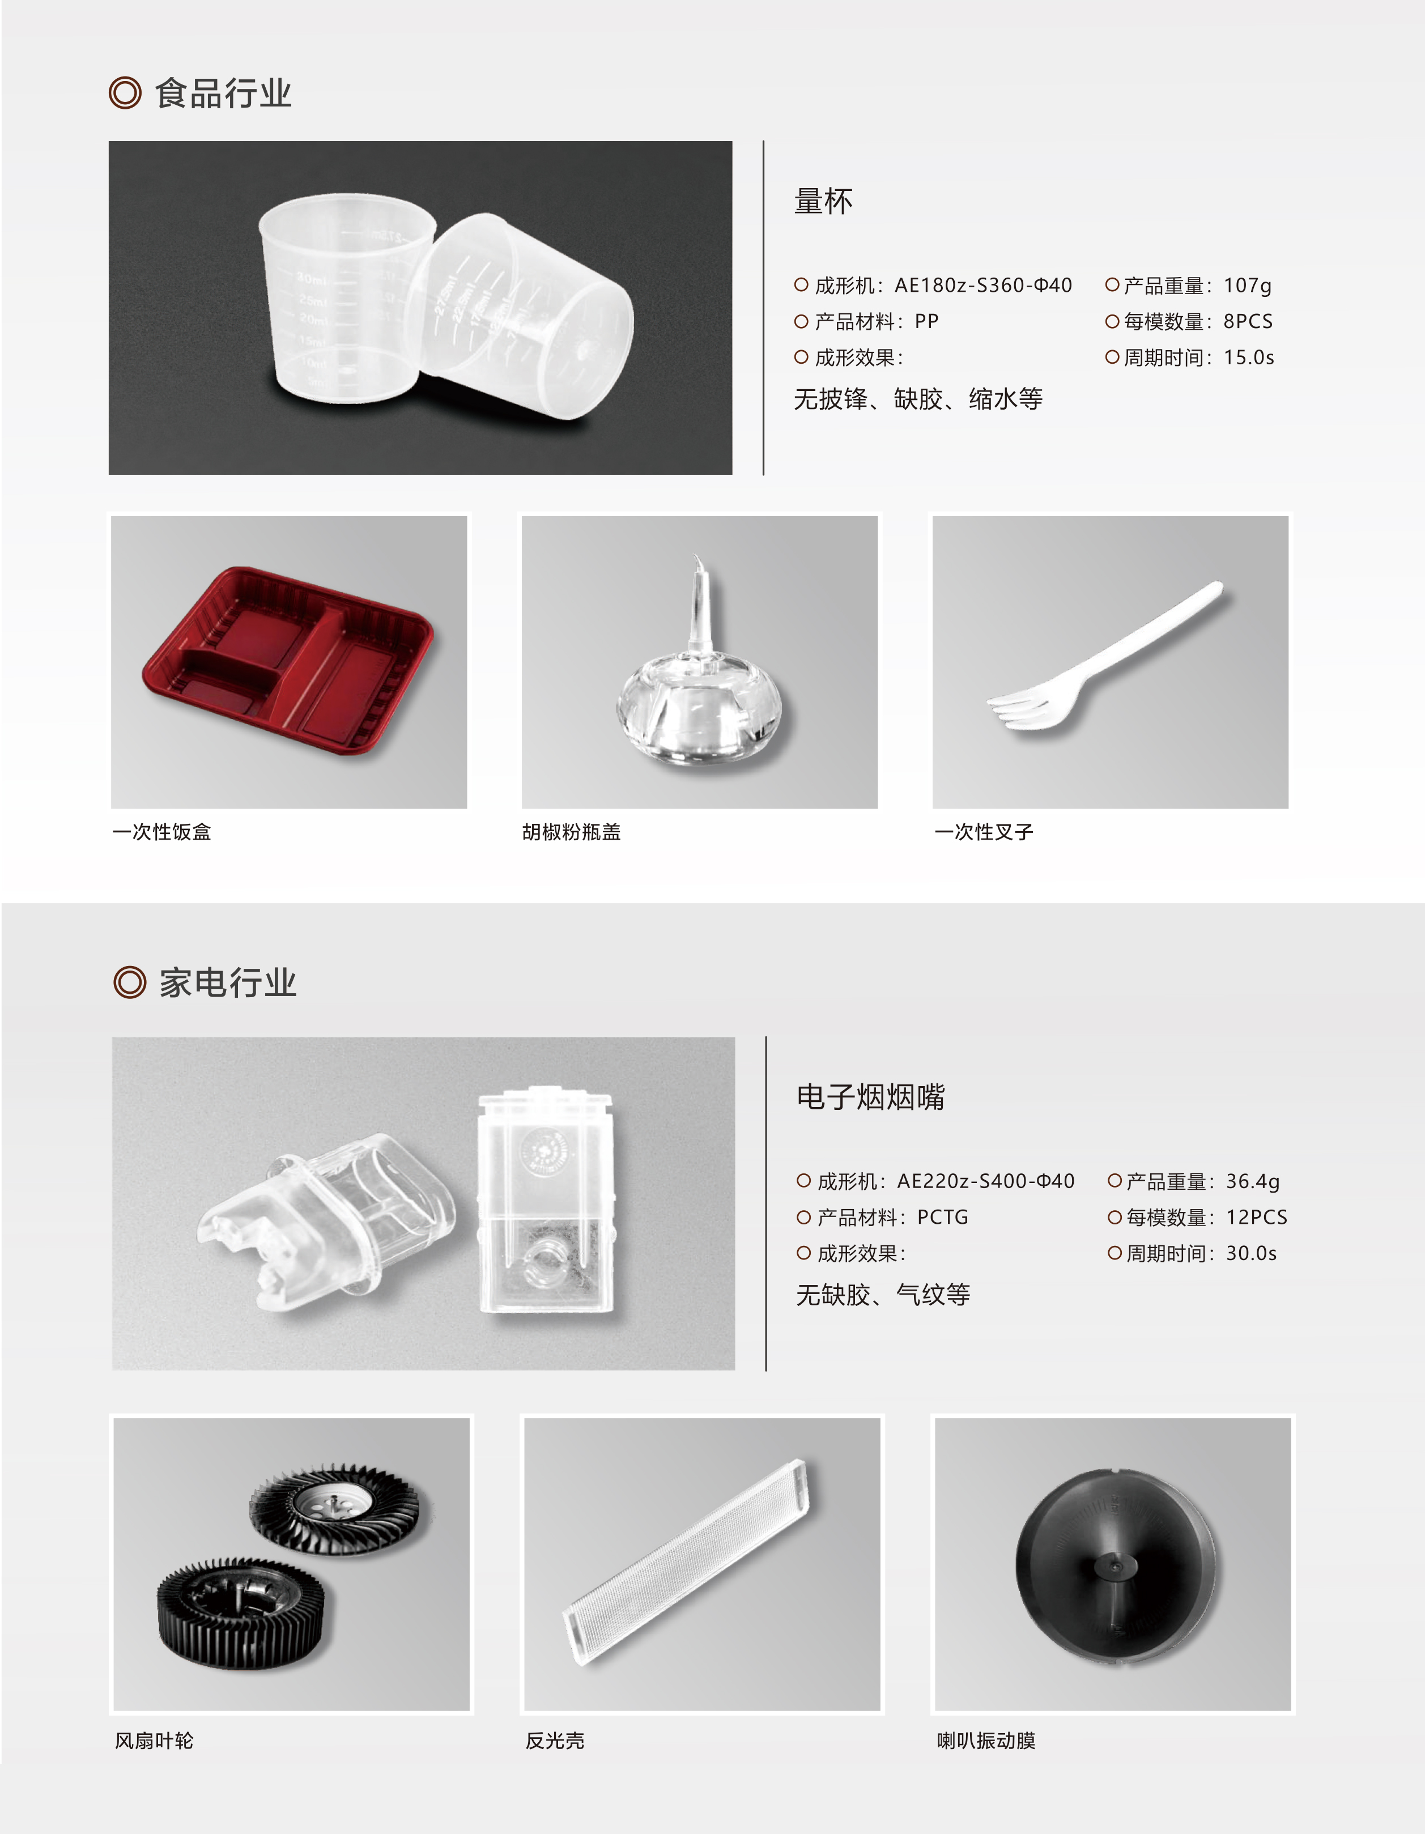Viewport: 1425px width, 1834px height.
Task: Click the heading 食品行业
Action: point(223,93)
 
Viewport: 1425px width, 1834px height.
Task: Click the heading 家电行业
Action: point(228,982)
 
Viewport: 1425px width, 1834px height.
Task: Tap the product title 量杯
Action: point(824,202)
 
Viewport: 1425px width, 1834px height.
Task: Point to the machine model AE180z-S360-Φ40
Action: point(983,286)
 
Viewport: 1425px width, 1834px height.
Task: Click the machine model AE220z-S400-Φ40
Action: point(986,1181)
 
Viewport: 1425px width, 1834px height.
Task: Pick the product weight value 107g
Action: point(1248,286)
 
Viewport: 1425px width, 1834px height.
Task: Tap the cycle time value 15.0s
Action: point(1249,357)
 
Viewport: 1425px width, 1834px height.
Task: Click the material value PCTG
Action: point(943,1217)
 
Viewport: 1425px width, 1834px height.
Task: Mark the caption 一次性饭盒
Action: point(161,832)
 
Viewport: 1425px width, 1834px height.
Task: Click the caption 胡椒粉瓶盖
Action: point(571,832)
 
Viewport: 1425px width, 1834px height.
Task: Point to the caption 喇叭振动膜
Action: point(986,1741)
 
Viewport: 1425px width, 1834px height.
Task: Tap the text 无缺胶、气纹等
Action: point(883,1295)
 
